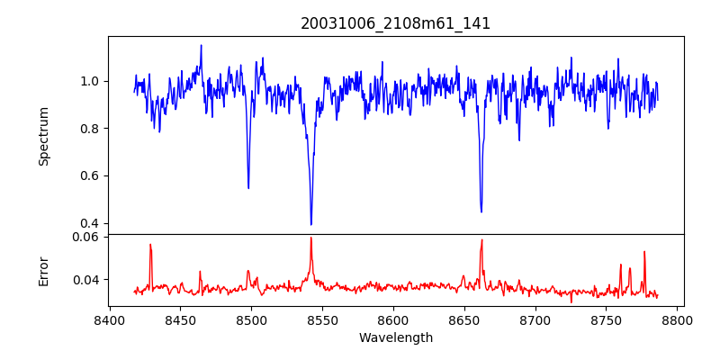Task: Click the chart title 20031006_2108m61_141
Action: click(395, 23)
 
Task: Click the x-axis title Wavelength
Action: click(395, 337)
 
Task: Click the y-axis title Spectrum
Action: click(43, 136)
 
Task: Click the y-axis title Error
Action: click(43, 270)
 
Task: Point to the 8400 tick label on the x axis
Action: click(109, 319)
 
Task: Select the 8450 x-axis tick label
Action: click(180, 319)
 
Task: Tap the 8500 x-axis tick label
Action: click(251, 319)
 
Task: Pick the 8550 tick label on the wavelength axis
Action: click(322, 319)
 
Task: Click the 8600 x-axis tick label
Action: click(393, 319)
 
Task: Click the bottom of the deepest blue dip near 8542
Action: click(311, 224)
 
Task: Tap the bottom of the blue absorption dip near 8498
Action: click(248, 187)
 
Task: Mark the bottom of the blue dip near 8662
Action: click(481, 211)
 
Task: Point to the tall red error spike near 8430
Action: click(150, 245)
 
